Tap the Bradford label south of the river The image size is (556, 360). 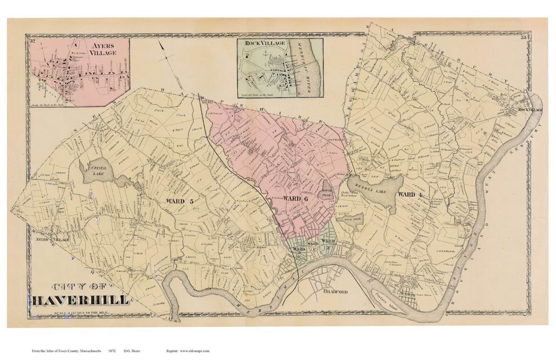click(335, 291)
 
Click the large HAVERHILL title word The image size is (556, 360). click(81, 300)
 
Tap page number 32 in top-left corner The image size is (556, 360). click(33, 41)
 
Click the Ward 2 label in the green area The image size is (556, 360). click(328, 243)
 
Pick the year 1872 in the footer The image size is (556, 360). click(112, 351)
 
